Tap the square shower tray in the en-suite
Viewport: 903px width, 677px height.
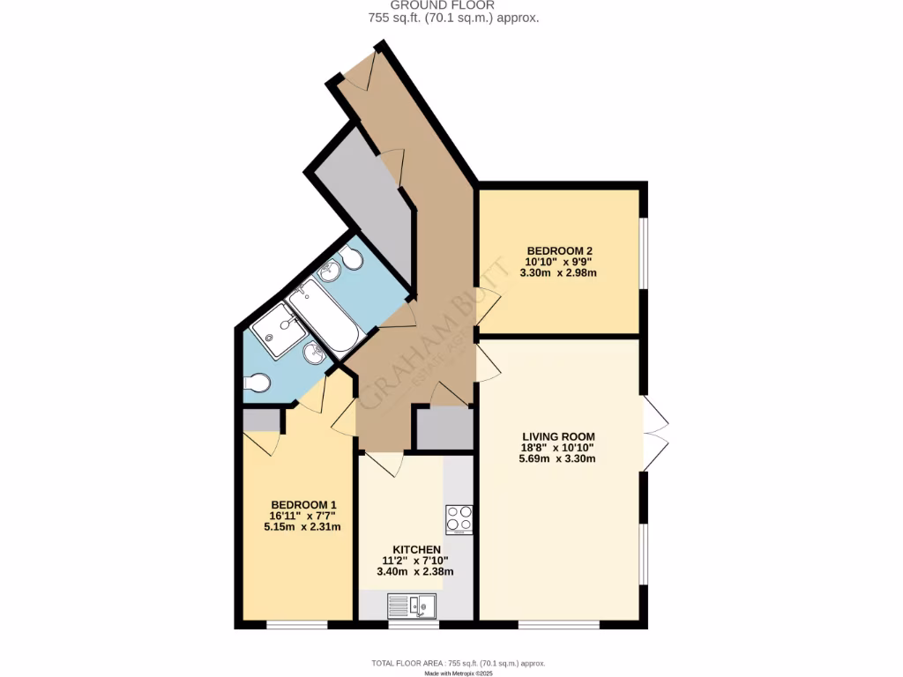coord(278,330)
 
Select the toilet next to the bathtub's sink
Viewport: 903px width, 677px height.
coord(352,258)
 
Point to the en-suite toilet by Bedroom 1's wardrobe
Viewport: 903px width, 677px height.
coord(256,383)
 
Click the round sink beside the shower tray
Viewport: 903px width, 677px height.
coord(313,353)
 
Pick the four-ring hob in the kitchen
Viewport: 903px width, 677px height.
coord(459,519)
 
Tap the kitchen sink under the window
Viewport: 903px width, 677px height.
coord(412,606)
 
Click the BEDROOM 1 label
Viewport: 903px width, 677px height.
coord(302,505)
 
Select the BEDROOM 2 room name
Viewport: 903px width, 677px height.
coord(559,249)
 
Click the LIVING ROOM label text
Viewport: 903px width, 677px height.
coord(558,436)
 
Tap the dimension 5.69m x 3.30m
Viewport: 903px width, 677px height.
coord(558,458)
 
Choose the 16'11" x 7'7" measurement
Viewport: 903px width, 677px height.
coord(302,516)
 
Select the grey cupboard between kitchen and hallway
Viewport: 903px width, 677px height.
coord(444,429)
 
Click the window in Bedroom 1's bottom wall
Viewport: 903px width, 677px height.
coord(296,625)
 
